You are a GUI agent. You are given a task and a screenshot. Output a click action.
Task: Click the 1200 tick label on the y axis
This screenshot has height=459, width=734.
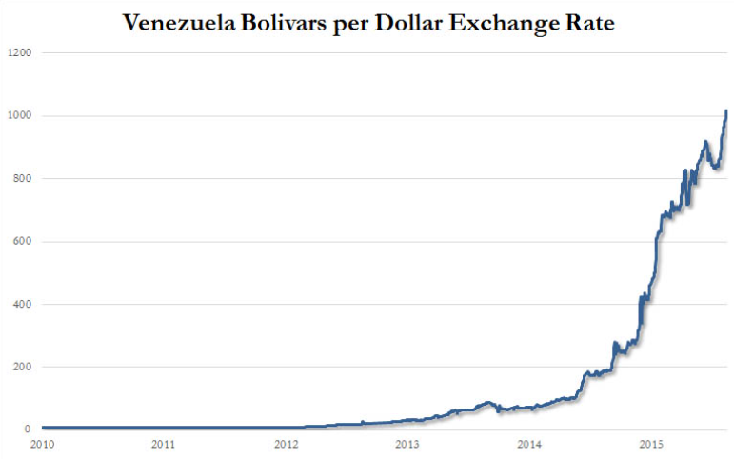pos(20,53)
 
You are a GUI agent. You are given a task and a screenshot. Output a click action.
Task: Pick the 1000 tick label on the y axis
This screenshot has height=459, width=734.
pos(20,116)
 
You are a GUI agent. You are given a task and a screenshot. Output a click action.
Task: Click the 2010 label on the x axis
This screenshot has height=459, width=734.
pos(41,445)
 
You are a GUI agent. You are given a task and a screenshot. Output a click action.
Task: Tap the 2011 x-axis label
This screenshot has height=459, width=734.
pos(163,445)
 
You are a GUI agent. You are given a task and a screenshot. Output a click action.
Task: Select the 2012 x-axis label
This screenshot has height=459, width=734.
pos(286,445)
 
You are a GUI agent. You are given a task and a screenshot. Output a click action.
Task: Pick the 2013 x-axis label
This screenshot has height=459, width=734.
pos(407,445)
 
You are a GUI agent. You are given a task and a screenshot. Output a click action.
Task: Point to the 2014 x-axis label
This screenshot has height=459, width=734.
pos(529,445)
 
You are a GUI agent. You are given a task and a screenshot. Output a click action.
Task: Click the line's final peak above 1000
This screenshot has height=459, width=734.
pos(726,111)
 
